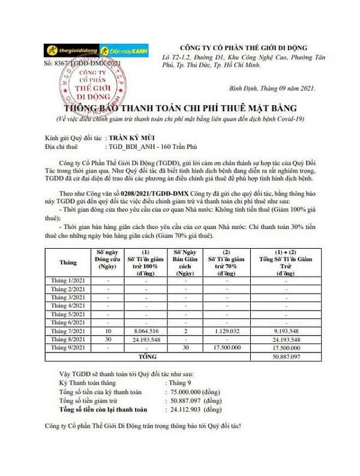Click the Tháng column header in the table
(x=68, y=262)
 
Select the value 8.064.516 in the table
(x=146, y=331)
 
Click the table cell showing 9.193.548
(x=286, y=331)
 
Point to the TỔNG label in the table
(x=147, y=356)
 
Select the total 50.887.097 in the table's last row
(x=286, y=356)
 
